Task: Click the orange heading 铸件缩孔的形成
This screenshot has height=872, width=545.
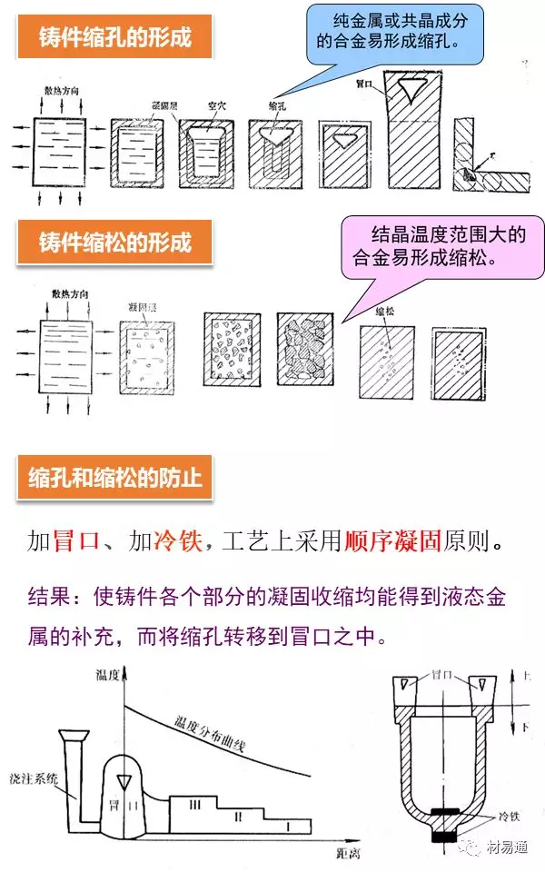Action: (114, 37)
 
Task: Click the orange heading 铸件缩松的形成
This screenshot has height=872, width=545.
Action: (114, 243)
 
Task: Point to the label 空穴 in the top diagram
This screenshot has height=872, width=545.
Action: (213, 105)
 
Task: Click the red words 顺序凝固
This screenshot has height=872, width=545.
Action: (392, 542)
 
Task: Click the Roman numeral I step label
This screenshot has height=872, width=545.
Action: (288, 827)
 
